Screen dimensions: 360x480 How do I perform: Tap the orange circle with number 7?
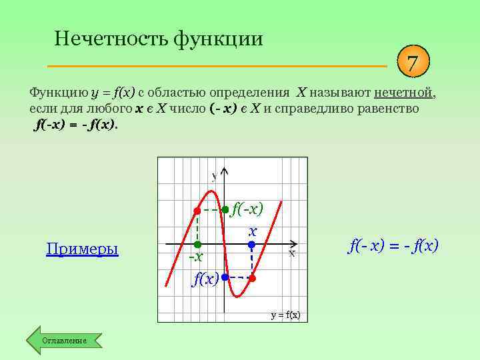pos(413,64)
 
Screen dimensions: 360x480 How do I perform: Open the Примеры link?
pos(82,249)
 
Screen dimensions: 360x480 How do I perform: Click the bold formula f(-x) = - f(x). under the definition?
pos(75,124)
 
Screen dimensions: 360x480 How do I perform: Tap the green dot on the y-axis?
pos(225,209)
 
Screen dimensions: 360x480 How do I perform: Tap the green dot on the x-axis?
pos(197,245)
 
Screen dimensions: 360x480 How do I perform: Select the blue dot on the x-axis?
pos(252,245)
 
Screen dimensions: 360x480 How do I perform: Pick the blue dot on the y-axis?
pos(225,277)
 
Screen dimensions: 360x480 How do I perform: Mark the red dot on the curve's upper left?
pos(197,211)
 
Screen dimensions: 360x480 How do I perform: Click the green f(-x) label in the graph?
pos(247,209)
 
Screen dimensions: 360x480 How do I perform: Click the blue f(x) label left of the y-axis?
pos(205,279)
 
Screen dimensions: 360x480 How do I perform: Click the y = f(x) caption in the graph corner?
pos(285,314)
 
